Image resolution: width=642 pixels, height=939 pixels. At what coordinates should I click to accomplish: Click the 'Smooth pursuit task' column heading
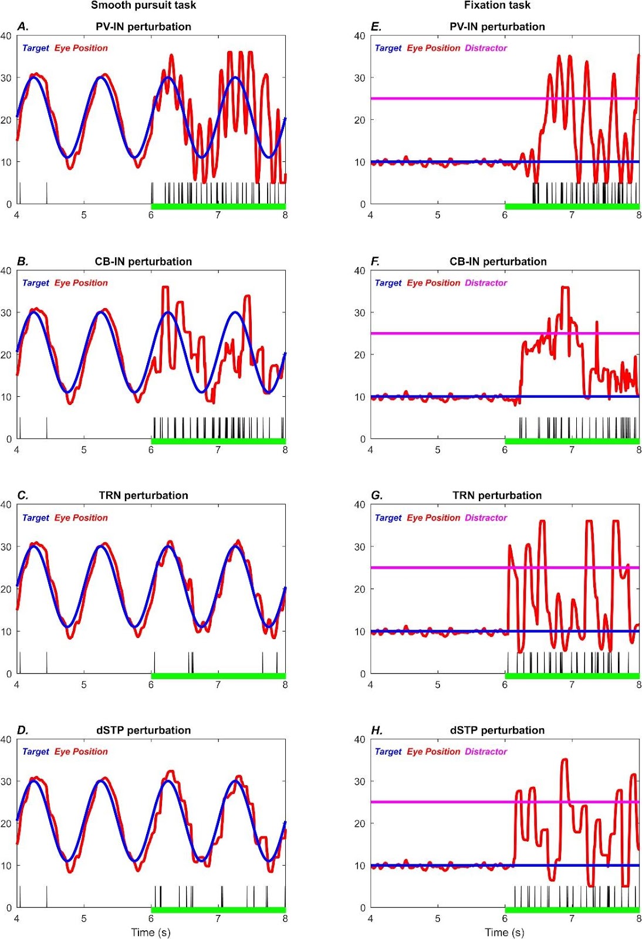point(143,5)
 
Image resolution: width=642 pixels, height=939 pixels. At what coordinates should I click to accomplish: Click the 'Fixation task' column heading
point(497,5)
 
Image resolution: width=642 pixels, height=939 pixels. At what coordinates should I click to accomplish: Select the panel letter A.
point(23,26)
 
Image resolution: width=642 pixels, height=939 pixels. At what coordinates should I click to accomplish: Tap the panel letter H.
point(377,730)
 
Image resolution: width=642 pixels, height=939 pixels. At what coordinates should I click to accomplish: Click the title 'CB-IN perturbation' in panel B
point(143,261)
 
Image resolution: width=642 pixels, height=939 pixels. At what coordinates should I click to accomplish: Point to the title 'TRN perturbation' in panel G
point(497,495)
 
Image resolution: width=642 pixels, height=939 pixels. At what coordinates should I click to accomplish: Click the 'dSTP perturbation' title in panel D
point(143,730)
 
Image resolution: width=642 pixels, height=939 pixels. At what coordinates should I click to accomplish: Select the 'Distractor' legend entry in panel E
point(486,48)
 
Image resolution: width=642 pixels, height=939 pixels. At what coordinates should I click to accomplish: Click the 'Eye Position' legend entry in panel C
point(81,518)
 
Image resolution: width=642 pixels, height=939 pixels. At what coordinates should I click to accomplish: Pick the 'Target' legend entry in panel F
point(388,283)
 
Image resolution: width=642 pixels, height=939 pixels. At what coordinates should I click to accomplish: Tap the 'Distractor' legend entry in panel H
point(486,752)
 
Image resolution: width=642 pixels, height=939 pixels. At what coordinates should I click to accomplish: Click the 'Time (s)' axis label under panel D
point(151,932)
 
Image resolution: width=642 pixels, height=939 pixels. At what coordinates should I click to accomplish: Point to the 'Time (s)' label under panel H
point(505,932)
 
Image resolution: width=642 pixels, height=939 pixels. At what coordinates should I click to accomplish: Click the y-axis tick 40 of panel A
point(6,36)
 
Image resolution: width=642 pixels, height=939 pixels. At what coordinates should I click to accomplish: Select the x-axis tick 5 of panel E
point(438,215)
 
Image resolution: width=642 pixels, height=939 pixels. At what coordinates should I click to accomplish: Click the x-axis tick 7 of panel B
point(218,450)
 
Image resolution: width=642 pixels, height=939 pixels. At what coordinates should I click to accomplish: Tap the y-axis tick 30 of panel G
point(360,547)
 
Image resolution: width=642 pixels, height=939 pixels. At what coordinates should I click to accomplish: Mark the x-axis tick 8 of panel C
point(285,684)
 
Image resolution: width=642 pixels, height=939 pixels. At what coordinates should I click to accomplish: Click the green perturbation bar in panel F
point(572,441)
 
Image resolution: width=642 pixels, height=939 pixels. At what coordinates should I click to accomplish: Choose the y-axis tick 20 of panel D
point(6,823)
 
